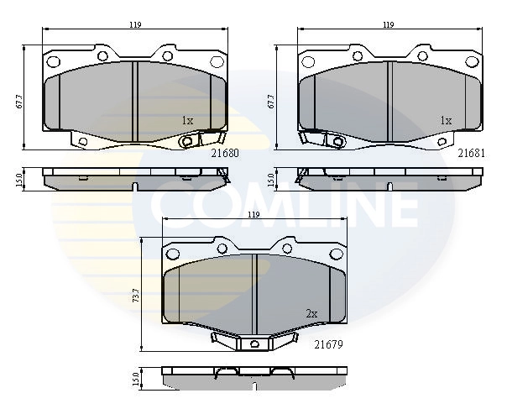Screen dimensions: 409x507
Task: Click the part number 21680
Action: click(226, 154)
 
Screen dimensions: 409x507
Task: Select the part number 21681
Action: click(471, 154)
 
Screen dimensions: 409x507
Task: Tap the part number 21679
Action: click(330, 344)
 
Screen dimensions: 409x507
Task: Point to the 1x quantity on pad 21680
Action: click(187, 121)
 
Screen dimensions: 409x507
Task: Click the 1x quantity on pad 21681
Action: click(446, 121)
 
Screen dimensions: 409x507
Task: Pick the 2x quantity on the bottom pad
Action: click(311, 313)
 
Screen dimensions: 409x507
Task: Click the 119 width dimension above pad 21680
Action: click(134, 25)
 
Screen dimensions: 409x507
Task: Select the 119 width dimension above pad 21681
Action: click(388, 25)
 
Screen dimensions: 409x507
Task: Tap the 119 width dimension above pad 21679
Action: click(254, 216)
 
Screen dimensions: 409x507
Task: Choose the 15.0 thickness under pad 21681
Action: click(270, 179)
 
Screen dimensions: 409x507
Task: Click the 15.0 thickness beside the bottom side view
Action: click(135, 378)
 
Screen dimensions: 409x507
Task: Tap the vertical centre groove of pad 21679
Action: click(254, 291)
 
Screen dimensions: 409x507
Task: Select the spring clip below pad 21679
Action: click(254, 341)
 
